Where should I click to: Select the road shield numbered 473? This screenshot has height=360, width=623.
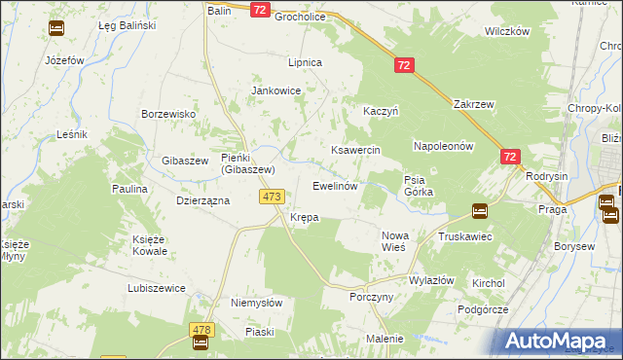272,197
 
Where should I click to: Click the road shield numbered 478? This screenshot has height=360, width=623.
202,330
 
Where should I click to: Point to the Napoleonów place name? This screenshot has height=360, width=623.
443,146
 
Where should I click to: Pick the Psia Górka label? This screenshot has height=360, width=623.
419,185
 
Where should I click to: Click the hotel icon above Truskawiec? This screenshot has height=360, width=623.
479,210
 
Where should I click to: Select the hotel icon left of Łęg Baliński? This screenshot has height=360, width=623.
56,28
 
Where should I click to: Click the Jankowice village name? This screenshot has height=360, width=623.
276,90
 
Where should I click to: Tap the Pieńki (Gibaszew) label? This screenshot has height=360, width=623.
248,163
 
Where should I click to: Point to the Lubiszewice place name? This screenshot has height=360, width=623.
156,288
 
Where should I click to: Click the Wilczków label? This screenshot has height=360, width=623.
506,31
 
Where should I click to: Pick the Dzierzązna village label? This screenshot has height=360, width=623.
202,200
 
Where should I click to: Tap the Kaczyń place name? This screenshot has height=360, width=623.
382,111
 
